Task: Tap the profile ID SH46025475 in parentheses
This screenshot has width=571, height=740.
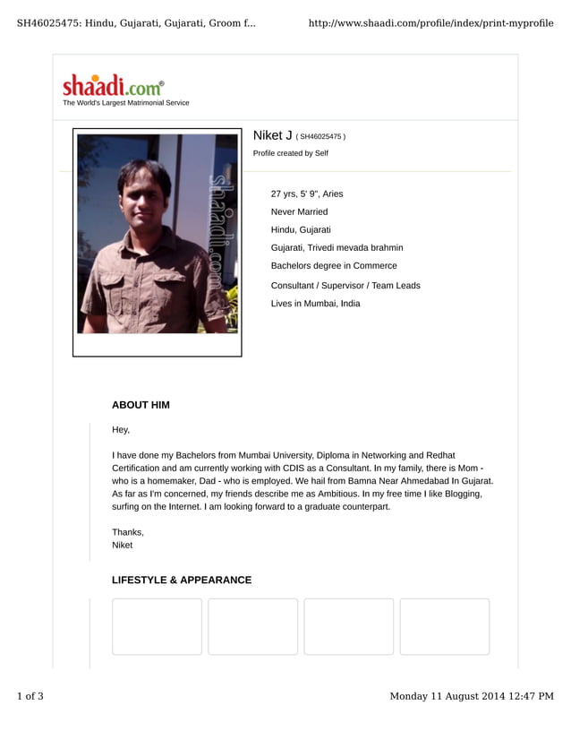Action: click(x=320, y=137)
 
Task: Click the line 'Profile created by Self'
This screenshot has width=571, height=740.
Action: click(x=290, y=153)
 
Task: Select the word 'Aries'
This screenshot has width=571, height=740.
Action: click(x=332, y=194)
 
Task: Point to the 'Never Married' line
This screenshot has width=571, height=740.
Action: click(x=299, y=211)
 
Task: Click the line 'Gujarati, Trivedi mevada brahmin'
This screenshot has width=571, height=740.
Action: click(x=337, y=247)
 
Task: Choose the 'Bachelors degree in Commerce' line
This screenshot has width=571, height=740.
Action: click(x=334, y=266)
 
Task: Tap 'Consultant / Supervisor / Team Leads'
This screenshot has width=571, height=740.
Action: click(x=345, y=285)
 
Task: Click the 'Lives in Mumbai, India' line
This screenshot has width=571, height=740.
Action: click(x=315, y=304)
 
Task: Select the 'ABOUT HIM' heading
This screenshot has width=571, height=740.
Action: click(x=141, y=405)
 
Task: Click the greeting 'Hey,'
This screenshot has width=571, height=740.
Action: click(x=121, y=430)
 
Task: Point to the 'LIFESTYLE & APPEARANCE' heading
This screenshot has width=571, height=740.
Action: click(x=182, y=581)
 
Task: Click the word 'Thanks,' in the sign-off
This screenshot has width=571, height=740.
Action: click(x=128, y=532)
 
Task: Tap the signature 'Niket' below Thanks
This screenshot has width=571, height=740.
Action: click(x=122, y=545)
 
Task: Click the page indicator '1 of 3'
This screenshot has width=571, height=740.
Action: click(x=30, y=696)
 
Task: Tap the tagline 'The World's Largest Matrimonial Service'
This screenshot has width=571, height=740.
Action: click(x=125, y=103)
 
